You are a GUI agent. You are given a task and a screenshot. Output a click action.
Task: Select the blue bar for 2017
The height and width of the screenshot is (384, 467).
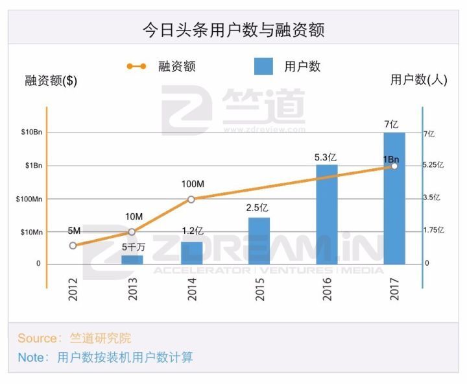(394, 198)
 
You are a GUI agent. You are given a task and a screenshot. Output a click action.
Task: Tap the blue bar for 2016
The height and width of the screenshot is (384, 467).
(327, 214)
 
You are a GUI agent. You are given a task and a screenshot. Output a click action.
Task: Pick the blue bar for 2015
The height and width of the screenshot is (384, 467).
(259, 240)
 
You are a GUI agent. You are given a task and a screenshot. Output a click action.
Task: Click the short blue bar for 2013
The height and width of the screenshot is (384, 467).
(132, 259)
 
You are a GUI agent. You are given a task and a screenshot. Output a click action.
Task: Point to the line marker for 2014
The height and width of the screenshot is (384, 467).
(191, 199)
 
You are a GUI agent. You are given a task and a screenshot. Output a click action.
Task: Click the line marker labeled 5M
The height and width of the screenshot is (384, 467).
(73, 246)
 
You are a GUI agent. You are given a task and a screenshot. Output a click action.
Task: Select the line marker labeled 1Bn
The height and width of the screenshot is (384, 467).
(393, 166)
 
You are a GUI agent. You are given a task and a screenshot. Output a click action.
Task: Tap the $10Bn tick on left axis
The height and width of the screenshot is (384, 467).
(31, 133)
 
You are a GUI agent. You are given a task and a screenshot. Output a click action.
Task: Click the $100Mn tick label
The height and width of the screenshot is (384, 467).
(29, 199)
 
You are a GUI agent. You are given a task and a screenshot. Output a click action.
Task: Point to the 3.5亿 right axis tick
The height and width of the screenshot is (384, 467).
(432, 198)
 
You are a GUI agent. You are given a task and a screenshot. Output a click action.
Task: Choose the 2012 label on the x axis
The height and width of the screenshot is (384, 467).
(73, 288)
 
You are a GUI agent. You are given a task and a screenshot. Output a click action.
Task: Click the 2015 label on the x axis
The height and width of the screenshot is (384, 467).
(259, 288)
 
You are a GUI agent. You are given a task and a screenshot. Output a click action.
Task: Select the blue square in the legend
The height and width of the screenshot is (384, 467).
(263, 66)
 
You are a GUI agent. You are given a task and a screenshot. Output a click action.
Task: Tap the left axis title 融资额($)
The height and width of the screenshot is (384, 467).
(51, 81)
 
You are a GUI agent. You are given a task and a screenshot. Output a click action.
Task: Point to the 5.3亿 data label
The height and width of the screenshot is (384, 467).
(326, 157)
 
